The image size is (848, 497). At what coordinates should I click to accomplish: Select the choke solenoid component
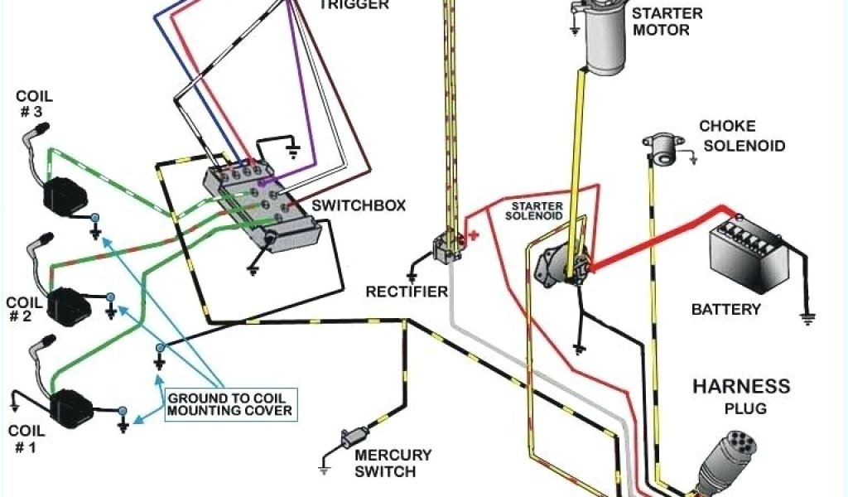click(661, 150)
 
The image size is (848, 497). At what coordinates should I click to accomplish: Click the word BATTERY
click(725, 310)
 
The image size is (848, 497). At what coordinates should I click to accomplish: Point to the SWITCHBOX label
click(359, 205)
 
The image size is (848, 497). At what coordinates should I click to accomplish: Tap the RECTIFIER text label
click(407, 292)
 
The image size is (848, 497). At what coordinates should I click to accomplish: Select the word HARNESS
click(741, 387)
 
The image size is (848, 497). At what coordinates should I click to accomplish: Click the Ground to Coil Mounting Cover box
click(229, 404)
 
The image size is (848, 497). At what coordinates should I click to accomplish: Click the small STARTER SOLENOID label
click(536, 210)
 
